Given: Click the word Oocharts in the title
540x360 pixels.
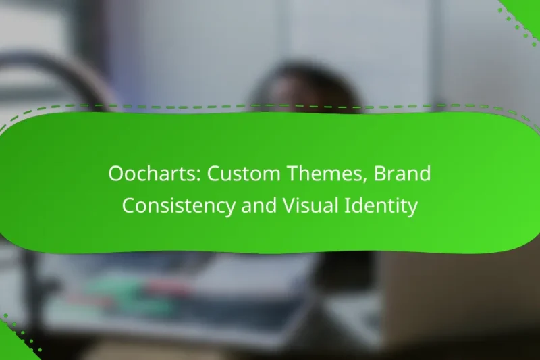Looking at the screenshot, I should coord(153,174).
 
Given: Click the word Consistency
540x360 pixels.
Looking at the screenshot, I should coord(179,206).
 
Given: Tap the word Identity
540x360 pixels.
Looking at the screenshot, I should coord(381,206).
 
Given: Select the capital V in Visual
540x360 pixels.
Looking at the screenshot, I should coord(290,206).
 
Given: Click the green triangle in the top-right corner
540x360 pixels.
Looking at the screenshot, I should coord(527,9).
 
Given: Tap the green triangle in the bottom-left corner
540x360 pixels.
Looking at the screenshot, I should coord(9,348).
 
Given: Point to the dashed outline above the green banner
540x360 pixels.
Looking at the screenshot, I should coord(270,106).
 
